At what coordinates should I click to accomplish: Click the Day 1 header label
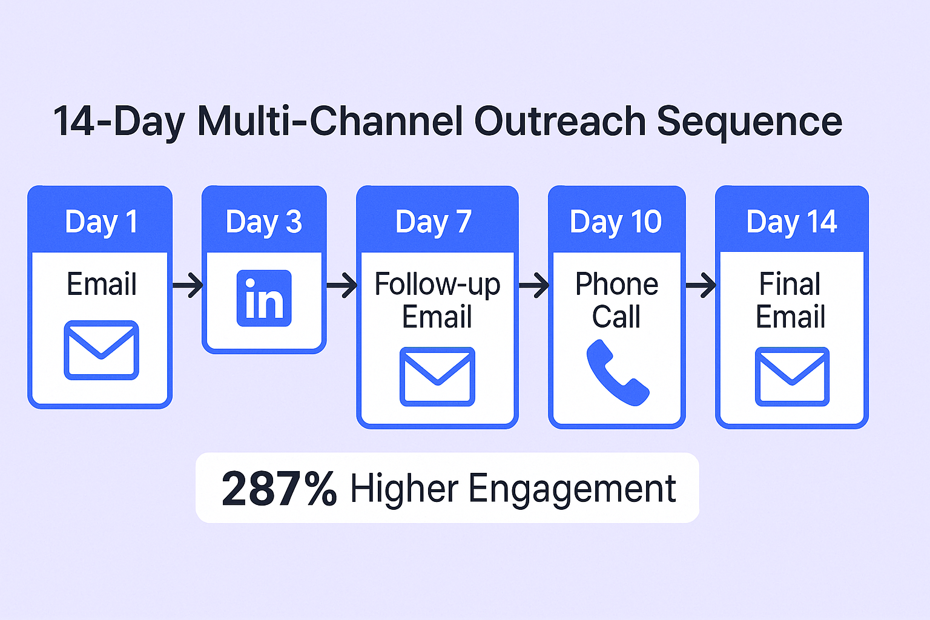click(101, 223)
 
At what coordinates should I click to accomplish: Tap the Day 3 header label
click(263, 223)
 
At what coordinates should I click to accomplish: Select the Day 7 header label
click(433, 223)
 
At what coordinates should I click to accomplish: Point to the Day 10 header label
click(616, 223)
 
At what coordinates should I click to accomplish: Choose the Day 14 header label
click(791, 223)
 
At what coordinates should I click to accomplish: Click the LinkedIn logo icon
click(264, 298)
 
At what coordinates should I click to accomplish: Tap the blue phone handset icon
click(618, 372)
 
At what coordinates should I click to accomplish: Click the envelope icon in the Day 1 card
click(101, 350)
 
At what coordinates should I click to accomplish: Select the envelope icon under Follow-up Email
click(437, 377)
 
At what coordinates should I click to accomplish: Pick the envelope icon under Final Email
click(792, 377)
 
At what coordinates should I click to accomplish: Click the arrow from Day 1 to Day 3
click(188, 285)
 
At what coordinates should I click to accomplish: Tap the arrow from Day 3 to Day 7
click(341, 285)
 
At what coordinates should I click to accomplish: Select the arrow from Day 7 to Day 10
click(534, 285)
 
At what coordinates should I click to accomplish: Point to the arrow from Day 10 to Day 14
click(701, 285)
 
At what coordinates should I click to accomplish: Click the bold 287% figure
click(279, 489)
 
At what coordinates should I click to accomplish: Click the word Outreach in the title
click(559, 121)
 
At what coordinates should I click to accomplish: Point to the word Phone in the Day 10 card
click(617, 284)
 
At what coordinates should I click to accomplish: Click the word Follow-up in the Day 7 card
click(437, 285)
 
